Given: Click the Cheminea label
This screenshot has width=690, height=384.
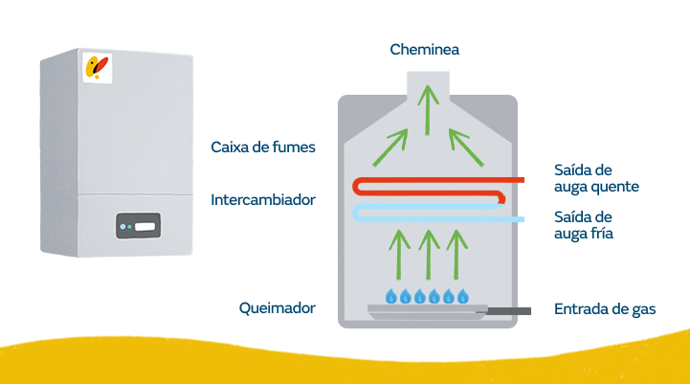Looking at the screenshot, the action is point(424,50).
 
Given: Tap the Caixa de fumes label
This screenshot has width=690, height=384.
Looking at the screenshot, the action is point(263,147).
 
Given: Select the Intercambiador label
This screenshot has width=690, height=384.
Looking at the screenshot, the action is point(263,200).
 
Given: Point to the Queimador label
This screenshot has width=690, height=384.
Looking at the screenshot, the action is point(278,308).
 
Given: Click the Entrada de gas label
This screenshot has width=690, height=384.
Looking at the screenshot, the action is point(605,309).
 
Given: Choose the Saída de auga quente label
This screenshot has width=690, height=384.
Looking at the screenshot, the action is point(596,179).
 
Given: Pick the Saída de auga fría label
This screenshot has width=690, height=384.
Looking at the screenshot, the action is point(584,225).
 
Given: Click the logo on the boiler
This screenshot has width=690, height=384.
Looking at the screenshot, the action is point(98,68).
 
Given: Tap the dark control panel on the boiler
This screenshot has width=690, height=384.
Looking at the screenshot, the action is point(138,226).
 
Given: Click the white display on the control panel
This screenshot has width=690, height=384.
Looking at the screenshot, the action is point(145,227).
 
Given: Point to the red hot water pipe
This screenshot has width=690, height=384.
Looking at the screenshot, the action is point(435,180).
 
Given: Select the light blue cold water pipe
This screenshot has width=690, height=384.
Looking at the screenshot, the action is point(435,219).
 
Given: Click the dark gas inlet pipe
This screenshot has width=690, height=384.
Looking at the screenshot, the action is point(509,311).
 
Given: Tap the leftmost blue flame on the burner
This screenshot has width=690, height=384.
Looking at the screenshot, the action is point(390,296).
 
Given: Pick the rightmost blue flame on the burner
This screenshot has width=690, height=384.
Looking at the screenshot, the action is point(463,296).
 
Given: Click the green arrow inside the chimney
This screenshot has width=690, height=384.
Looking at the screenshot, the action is point(427,110).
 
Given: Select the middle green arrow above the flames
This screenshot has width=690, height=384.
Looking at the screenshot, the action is point(429,255).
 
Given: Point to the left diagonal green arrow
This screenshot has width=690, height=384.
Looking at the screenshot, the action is point(390,147).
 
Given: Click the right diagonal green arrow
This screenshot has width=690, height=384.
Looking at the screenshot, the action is point(466,147).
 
